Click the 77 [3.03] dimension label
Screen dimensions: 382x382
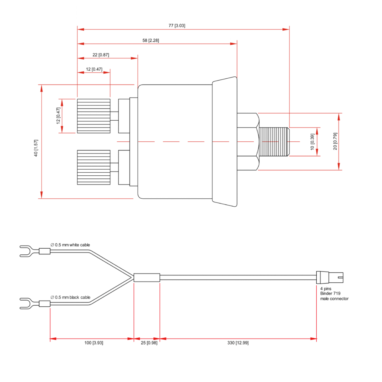(x=177, y=26)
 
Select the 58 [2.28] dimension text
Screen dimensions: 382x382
(x=151, y=40)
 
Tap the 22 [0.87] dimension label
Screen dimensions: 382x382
(x=100, y=55)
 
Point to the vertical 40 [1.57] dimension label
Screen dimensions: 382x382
(x=36, y=148)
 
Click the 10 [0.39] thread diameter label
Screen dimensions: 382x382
(x=312, y=142)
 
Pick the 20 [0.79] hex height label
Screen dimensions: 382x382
(x=335, y=141)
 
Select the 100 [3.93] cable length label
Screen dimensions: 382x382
(x=94, y=343)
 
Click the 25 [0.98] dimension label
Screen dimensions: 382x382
(x=149, y=343)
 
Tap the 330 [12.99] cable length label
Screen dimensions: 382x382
(x=238, y=343)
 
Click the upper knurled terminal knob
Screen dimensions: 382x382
(x=94, y=116)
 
